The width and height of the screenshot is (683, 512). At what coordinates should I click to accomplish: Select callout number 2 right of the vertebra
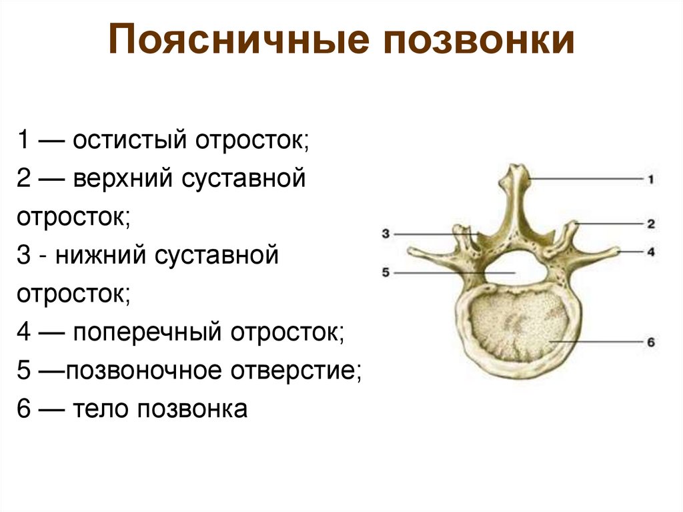tap(650, 224)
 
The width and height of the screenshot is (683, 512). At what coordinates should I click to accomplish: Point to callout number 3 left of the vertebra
tap(386, 233)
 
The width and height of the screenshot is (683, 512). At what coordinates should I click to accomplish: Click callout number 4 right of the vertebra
tap(650, 252)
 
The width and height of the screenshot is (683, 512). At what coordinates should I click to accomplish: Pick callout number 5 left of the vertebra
tap(386, 272)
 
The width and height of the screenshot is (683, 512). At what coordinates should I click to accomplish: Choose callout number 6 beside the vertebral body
tap(651, 342)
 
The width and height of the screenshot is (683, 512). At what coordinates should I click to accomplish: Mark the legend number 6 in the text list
tap(25, 409)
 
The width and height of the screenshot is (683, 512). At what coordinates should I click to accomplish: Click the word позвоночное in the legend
tap(143, 370)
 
